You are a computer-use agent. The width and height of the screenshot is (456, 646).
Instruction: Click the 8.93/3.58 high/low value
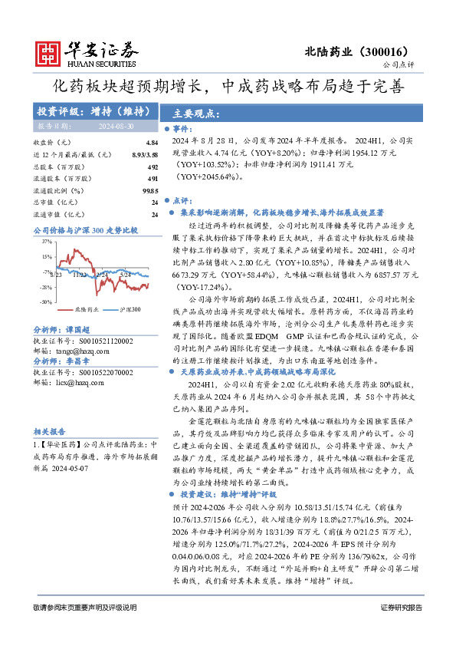[145, 155]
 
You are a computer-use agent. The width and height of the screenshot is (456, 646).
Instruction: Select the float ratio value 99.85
[150, 190]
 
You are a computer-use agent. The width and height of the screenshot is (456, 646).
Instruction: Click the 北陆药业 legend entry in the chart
[80, 309]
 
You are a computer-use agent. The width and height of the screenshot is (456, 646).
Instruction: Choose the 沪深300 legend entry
[130, 309]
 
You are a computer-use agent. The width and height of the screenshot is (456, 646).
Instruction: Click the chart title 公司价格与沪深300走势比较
[86, 229]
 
